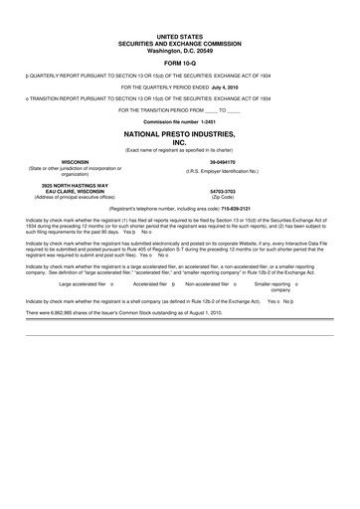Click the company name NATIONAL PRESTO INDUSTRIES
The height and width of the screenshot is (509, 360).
click(179, 132)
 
